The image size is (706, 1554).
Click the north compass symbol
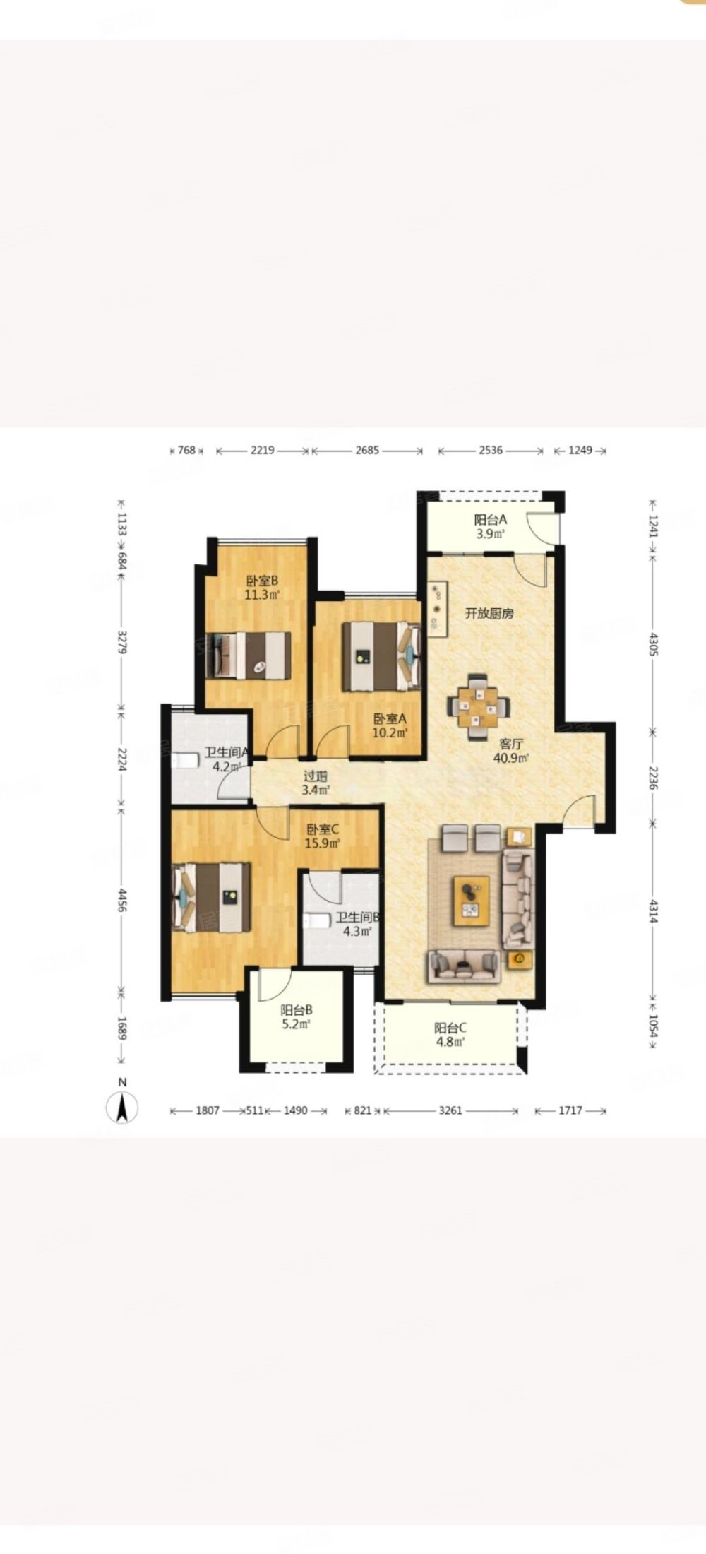point(122,1107)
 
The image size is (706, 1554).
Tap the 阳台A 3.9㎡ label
point(491,527)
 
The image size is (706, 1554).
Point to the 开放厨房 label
point(489,613)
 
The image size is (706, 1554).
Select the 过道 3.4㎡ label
point(313,783)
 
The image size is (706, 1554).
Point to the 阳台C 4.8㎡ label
point(450,1035)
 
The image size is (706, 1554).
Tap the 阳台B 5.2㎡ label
point(297,1016)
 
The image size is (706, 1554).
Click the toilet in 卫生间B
point(318,921)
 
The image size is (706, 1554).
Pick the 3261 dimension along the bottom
point(450,1110)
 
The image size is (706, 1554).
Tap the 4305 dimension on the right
point(653,643)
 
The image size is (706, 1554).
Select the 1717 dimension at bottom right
point(570,1110)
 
